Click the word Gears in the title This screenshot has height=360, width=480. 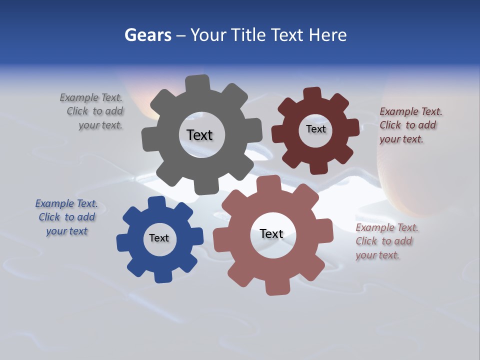click(x=147, y=35)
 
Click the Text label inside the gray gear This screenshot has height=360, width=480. click(x=199, y=135)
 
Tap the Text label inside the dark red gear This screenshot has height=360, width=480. click(x=315, y=129)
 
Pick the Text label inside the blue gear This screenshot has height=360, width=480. click(x=159, y=238)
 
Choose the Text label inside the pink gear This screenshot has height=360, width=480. click(x=271, y=234)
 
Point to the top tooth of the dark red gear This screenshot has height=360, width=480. click(x=312, y=94)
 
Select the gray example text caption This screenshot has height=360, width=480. click(x=92, y=111)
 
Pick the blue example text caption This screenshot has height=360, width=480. click(x=66, y=217)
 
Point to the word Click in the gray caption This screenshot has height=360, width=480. click(x=77, y=111)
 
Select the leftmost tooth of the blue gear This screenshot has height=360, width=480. click(x=123, y=242)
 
